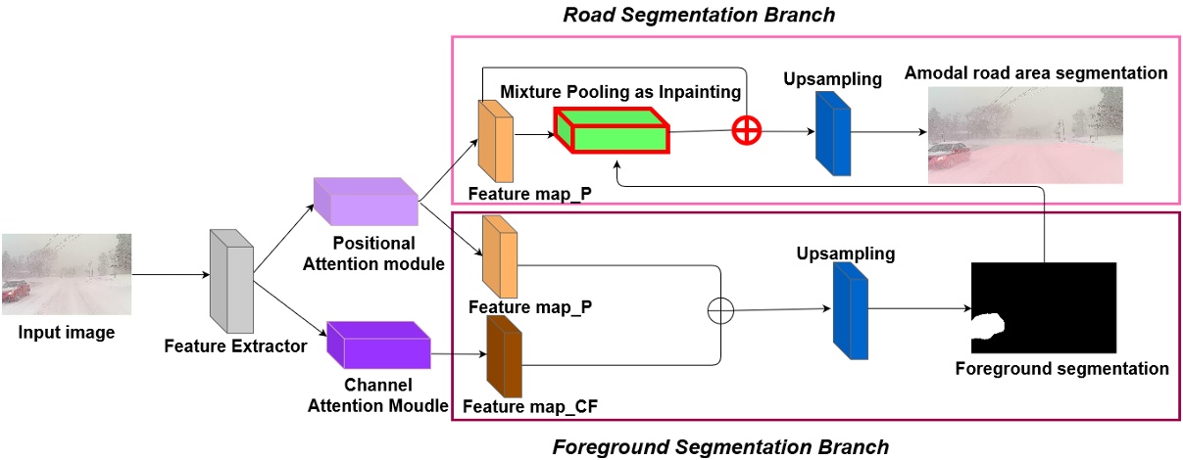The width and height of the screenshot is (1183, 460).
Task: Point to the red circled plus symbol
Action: [x=747, y=131]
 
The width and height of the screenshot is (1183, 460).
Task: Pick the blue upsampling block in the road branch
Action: [x=832, y=134]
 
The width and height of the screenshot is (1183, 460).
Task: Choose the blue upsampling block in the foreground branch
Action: [x=851, y=306]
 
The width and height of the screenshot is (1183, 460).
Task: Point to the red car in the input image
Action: [x=15, y=291]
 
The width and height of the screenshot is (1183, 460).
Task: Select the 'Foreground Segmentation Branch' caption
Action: [x=720, y=446]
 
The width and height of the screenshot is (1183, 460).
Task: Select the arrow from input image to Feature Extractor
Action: [x=170, y=275]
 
